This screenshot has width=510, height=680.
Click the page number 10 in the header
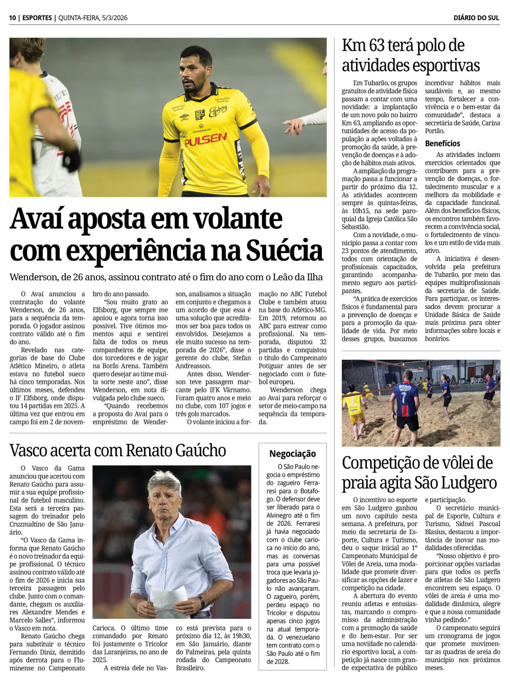tap(12, 18)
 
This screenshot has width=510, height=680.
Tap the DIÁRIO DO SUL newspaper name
tap(476, 18)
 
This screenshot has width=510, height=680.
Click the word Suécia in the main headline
tap(285, 251)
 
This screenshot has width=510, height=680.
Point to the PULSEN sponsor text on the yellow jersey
tap(206, 139)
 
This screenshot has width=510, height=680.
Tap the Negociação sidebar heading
tap(292, 454)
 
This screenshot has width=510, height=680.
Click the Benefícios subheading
tap(442, 144)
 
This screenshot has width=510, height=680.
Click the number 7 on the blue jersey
tap(404, 398)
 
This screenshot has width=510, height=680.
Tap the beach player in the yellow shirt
tap(354, 408)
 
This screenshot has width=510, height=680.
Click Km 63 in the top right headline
tap(363, 45)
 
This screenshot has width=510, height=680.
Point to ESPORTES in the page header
tap(37, 18)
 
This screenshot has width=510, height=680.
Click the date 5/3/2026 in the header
tap(114, 18)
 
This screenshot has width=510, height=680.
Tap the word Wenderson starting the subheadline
tap(33, 277)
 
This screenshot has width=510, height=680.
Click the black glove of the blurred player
tap(71, 160)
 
